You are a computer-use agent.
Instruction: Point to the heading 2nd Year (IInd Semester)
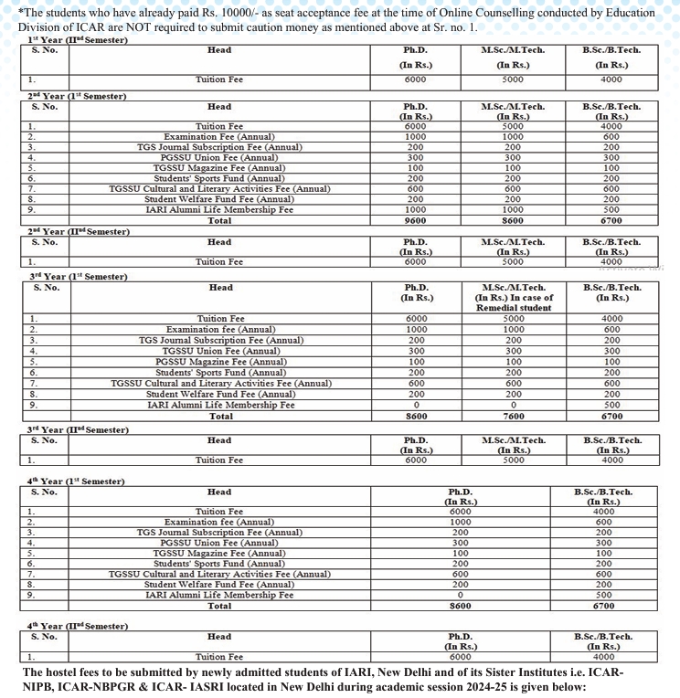66,231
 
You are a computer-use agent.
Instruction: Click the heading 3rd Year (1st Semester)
66,276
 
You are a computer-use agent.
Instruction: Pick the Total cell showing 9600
416,220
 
